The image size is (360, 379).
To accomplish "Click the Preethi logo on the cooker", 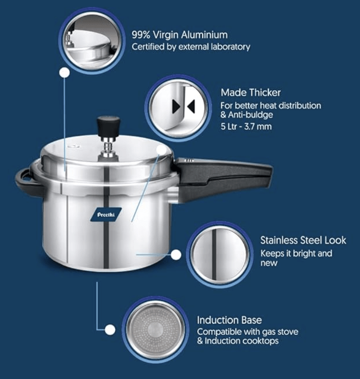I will click(106, 214).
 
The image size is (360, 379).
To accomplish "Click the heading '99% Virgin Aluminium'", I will click(180, 35).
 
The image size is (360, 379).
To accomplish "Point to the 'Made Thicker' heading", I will click(251, 93).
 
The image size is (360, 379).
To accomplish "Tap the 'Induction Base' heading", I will click(229, 320).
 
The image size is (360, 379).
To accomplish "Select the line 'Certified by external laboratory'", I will click(191, 47).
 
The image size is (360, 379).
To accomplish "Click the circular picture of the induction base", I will click(154, 330).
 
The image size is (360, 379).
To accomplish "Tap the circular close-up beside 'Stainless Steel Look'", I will click(219, 254).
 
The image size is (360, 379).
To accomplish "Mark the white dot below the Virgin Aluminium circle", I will click(63, 73).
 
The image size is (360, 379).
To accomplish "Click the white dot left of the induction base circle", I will click(110, 330).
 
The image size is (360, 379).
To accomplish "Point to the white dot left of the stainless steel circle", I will click(176, 254).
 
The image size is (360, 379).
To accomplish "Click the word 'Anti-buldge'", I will click(252, 115).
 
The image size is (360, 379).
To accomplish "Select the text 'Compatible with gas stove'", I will click(247, 332).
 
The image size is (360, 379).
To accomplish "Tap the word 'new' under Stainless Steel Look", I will click(269, 263).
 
